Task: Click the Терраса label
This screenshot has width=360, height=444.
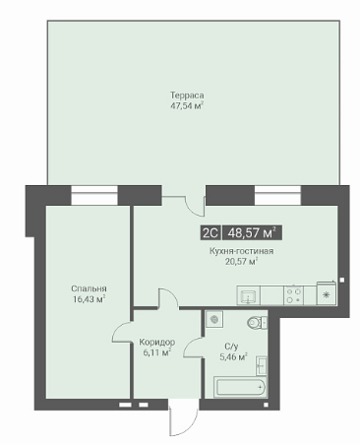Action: tap(187, 95)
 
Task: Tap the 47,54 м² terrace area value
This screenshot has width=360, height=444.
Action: tap(187, 106)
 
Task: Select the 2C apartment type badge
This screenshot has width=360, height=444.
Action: tap(210, 233)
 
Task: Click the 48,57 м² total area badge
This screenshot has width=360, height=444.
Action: tap(252, 233)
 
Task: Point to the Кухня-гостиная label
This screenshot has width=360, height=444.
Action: tap(242, 251)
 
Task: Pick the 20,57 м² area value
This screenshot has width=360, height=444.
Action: tap(242, 262)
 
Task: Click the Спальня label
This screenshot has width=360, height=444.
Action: tap(89, 288)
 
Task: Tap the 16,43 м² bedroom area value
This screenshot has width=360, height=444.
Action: tap(89, 299)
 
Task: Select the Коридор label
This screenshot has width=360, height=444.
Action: tap(156, 343)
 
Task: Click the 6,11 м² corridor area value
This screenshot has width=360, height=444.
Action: tap(156, 352)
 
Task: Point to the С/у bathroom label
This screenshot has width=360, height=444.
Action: tap(231, 346)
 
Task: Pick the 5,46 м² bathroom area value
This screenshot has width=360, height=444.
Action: tap(233, 356)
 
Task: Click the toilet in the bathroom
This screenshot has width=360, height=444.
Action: tap(257, 323)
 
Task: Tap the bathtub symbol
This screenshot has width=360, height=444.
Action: tap(240, 387)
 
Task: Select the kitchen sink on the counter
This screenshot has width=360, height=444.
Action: tap(249, 295)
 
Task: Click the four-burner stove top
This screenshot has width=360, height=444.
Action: tap(293, 295)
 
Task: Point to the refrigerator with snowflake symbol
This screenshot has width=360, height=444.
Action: tap(327, 293)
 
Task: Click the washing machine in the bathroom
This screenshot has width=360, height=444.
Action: tap(214, 319)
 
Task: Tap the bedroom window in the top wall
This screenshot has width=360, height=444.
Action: tap(94, 196)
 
